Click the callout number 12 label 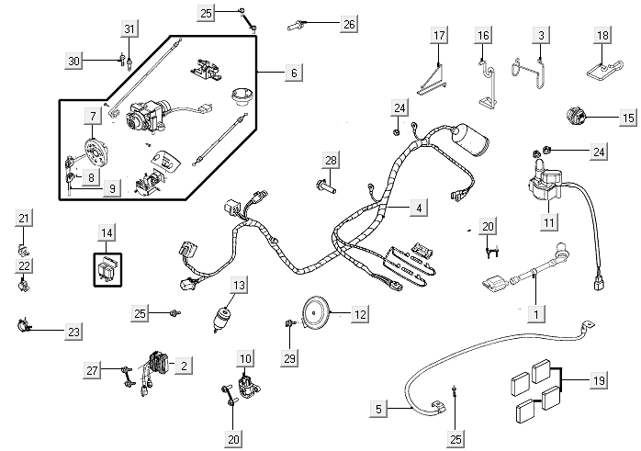[360, 314]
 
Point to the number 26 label [349, 25]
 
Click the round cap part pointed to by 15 [577, 118]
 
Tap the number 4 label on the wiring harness [419, 209]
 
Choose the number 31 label [129, 30]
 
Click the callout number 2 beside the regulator [185, 366]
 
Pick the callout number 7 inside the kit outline [93, 117]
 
